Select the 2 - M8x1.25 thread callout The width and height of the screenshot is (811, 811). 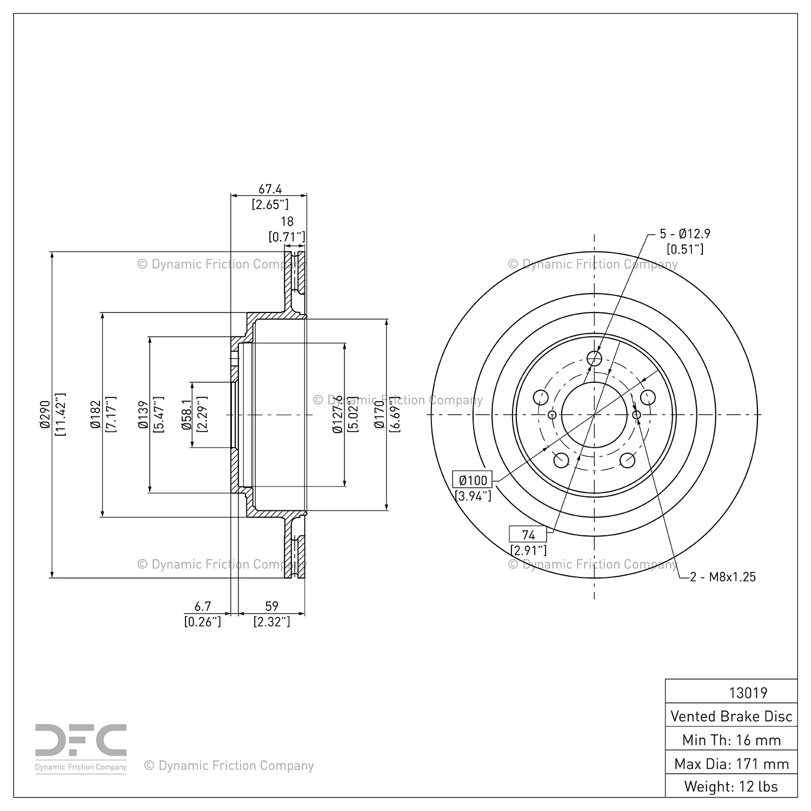pyautogui.click(x=723, y=577)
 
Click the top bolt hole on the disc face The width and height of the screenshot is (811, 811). pyautogui.click(x=594, y=358)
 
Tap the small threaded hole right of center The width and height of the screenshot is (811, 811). pyautogui.click(x=636, y=415)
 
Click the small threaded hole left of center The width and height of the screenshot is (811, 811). pyautogui.click(x=552, y=415)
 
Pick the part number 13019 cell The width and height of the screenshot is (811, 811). pyautogui.click(x=732, y=693)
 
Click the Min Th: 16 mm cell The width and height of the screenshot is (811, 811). pyautogui.click(x=732, y=740)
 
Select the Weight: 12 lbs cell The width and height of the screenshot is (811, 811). pyautogui.click(x=732, y=787)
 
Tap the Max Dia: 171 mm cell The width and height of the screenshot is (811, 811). pyautogui.click(x=732, y=763)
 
